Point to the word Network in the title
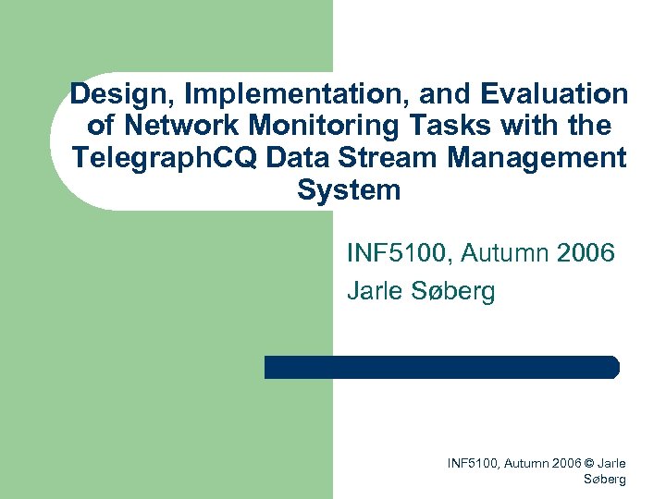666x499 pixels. pyautogui.click(x=176, y=126)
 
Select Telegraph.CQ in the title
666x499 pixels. pyautogui.click(x=165, y=158)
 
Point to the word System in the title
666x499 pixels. pyautogui.click(x=349, y=190)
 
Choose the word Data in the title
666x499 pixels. pyautogui.click(x=297, y=158)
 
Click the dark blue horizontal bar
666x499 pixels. pyautogui.click(x=441, y=367)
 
